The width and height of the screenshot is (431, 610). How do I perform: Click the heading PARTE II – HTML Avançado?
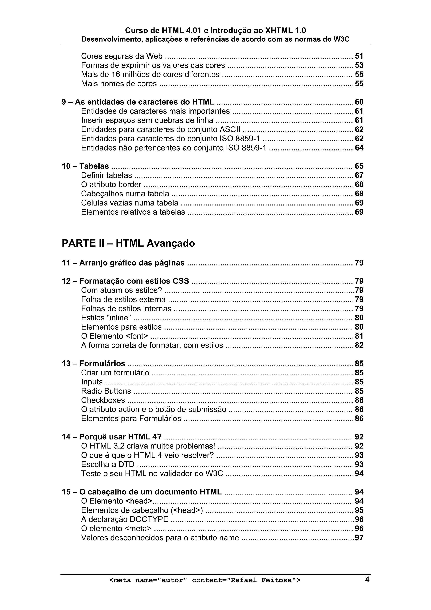coord(128,243)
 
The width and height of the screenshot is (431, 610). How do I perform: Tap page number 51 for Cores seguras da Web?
coord(359,56)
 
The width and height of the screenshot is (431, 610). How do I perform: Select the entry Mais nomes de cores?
coord(119,84)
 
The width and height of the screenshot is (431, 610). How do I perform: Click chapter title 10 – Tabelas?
coord(85,166)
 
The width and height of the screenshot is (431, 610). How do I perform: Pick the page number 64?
coord(359,148)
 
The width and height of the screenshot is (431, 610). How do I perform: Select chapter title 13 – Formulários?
coord(93,364)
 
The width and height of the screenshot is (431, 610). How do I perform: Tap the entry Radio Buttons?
coord(106,391)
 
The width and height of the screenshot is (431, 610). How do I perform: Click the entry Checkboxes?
coord(103,400)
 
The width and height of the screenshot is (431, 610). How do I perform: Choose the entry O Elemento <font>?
coord(114,336)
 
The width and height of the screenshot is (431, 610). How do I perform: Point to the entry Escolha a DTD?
coord(108,465)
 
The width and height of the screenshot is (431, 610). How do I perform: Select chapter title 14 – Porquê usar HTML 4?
coord(112,437)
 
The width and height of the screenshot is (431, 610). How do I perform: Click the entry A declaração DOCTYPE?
coord(125,519)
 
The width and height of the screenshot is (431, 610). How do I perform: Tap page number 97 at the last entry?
coord(359,538)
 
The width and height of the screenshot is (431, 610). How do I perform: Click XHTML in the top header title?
coord(278,31)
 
